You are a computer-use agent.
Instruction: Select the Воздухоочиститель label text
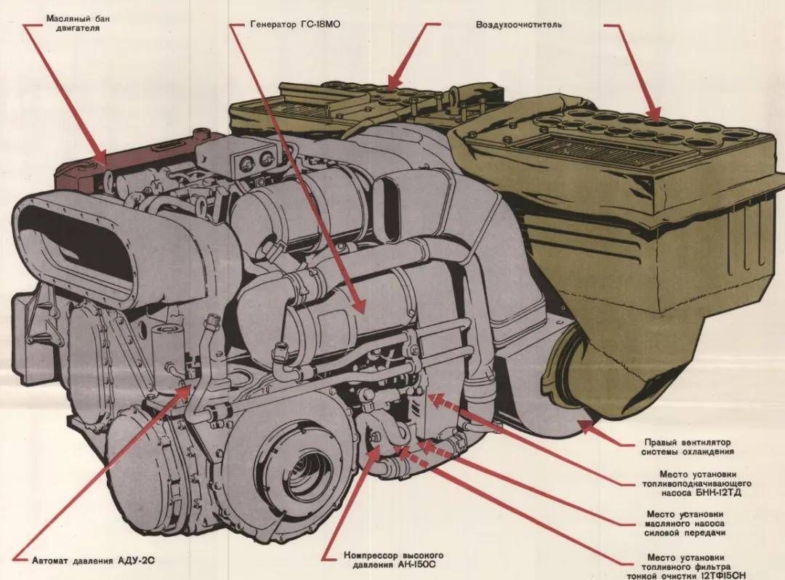coord(518,24)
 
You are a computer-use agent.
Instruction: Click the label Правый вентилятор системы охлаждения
coord(686,446)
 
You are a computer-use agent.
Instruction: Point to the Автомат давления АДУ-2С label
coord(93,561)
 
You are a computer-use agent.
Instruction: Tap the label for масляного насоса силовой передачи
coord(686,523)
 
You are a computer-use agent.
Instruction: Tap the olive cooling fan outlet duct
coord(581,378)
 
